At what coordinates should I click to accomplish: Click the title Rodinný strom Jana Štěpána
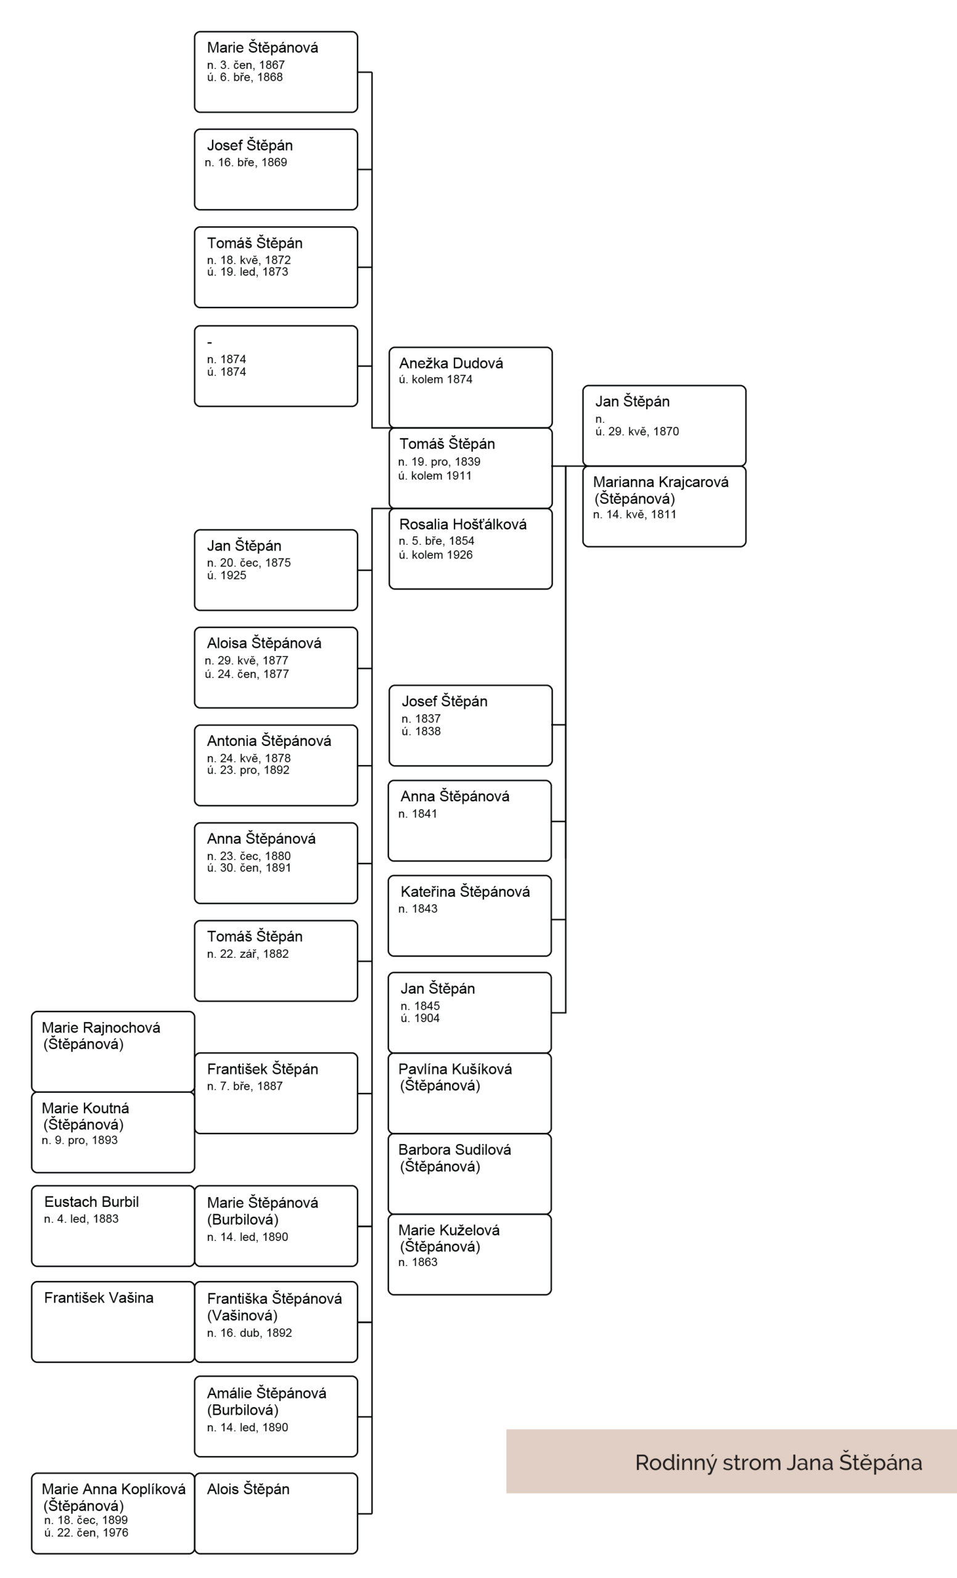tap(778, 1463)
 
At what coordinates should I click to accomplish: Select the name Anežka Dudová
tap(451, 363)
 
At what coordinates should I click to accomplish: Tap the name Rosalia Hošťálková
tap(462, 524)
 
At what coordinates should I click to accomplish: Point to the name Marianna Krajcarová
tap(660, 481)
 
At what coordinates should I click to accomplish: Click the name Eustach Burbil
tap(91, 1201)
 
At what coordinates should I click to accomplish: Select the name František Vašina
tap(99, 1298)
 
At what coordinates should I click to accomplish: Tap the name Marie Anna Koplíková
tap(113, 1489)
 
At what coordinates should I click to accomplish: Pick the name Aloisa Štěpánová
tap(264, 643)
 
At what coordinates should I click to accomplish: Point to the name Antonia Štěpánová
tap(269, 740)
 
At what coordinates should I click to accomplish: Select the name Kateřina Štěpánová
tap(465, 891)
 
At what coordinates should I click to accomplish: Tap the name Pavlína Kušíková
tap(455, 1069)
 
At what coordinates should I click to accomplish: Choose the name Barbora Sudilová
tap(454, 1150)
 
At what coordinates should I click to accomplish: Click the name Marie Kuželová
tap(448, 1230)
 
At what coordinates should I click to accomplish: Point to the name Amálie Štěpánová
tap(266, 1393)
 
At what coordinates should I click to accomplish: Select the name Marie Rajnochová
tap(101, 1028)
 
